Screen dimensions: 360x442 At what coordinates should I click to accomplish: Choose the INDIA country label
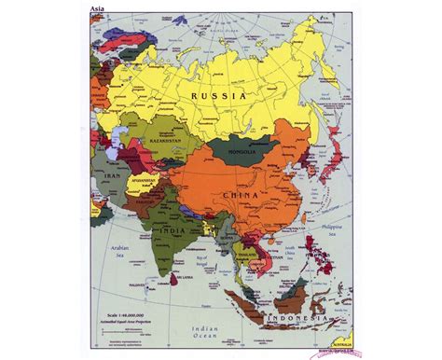pyautogui.click(x=173, y=232)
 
